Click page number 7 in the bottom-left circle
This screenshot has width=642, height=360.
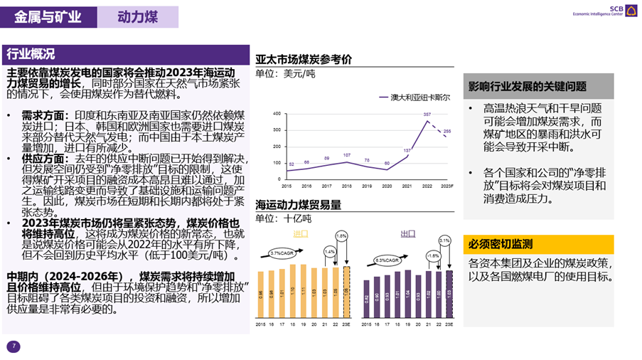(12, 346)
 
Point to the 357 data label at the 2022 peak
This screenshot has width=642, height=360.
(427, 115)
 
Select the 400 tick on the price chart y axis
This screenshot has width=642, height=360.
(277, 113)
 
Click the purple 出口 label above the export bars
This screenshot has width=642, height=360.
(407, 233)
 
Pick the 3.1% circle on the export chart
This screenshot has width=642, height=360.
(445, 241)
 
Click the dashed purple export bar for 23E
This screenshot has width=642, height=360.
(449, 295)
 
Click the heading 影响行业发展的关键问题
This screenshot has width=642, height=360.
(527, 87)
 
